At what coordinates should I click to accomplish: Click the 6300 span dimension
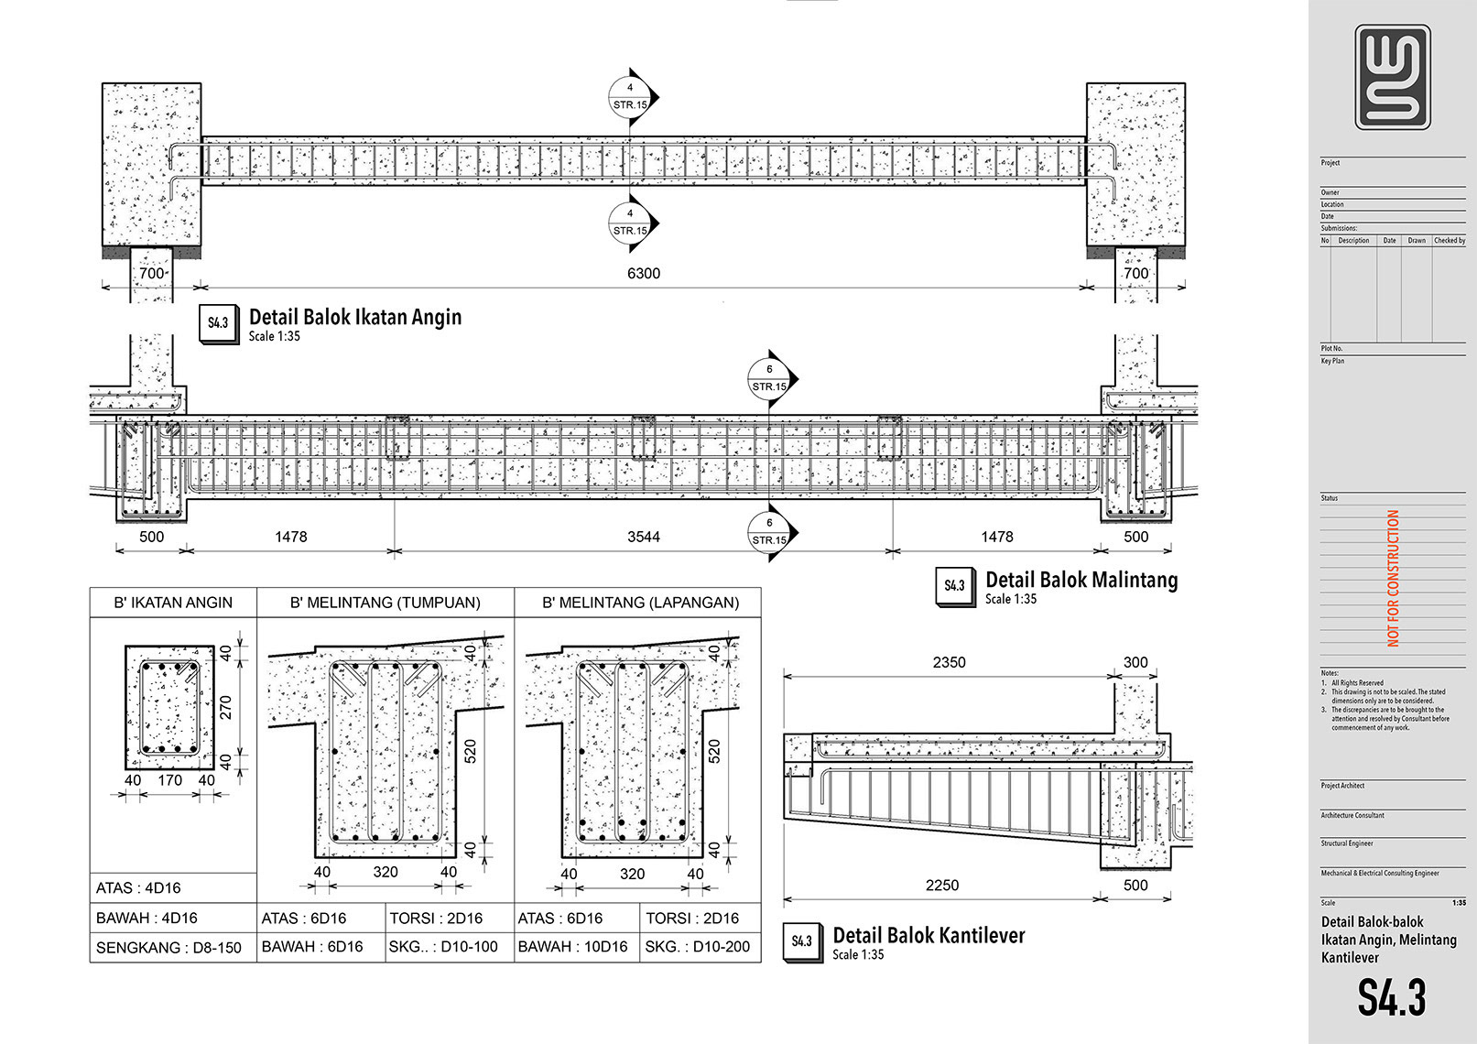click(x=643, y=273)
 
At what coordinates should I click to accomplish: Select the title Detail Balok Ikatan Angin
click(x=355, y=318)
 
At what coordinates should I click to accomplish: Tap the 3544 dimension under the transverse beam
click(x=643, y=537)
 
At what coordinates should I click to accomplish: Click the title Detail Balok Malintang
click(x=1081, y=580)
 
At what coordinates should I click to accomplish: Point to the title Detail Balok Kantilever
click(x=928, y=935)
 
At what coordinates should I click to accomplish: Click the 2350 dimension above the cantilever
click(x=949, y=662)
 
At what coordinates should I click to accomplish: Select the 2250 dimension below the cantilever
click(x=941, y=885)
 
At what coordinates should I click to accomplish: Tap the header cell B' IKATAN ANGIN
click(x=173, y=603)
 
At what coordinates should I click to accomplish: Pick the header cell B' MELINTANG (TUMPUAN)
click(x=385, y=603)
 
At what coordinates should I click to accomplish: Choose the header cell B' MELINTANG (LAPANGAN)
click(x=640, y=603)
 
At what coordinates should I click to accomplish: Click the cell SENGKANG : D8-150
click(x=168, y=948)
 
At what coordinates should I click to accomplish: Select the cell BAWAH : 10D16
click(x=573, y=947)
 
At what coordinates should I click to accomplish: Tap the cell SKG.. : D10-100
click(x=443, y=947)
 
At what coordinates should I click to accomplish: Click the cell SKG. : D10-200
click(x=697, y=947)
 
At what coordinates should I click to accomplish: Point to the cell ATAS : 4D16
click(x=138, y=887)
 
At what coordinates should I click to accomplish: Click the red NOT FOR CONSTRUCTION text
click(x=1393, y=578)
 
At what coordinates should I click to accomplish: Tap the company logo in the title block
click(x=1392, y=77)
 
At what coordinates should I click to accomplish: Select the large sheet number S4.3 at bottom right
click(x=1391, y=997)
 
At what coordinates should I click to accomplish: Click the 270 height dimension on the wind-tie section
click(x=226, y=706)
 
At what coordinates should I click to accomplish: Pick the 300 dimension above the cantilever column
click(x=1135, y=662)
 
